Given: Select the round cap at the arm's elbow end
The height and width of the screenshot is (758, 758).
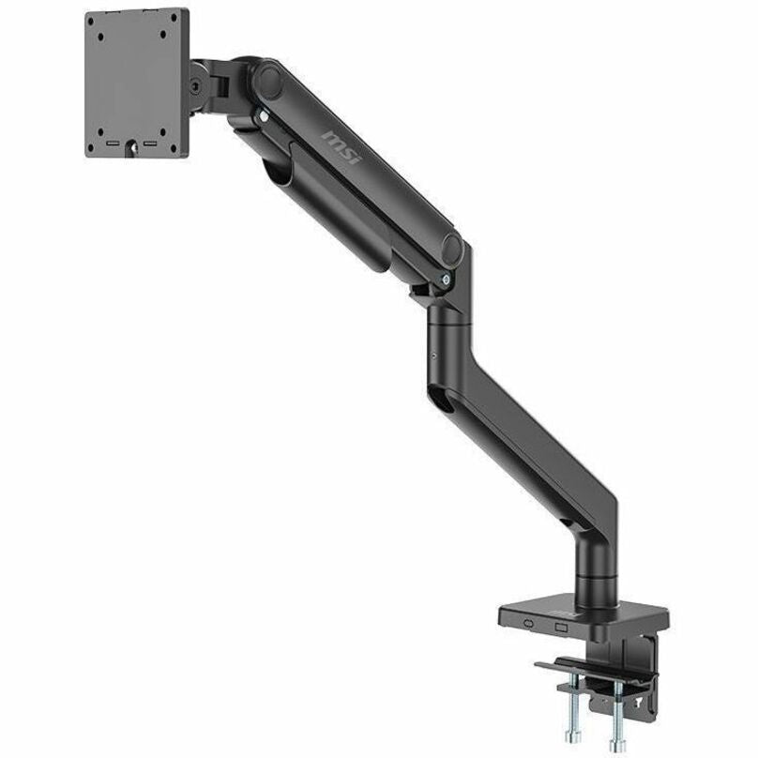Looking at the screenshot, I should (453, 249).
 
